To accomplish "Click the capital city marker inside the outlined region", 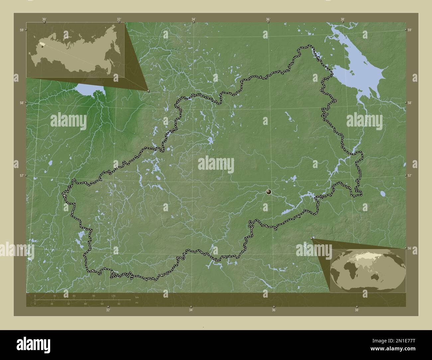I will [269, 192].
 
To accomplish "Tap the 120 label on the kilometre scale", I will [113, 296].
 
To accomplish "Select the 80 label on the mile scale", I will [119, 304].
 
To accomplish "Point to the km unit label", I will [137, 297].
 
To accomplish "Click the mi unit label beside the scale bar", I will [137, 303].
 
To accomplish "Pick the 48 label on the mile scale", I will [85, 304].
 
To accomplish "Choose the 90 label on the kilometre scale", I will [94, 296].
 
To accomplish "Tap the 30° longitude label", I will [44, 19].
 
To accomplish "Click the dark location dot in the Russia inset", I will [42, 46].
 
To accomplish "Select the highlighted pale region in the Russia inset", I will [40, 44].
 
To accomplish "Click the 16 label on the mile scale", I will [52, 304].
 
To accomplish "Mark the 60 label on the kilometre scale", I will [74, 296].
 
